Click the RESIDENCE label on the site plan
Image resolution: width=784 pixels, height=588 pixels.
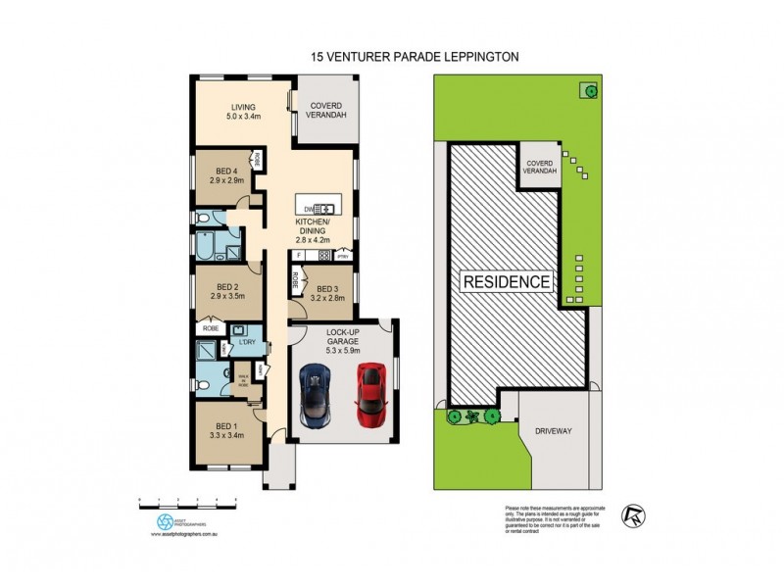coord(507,282)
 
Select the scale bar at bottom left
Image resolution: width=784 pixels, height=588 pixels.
coord(190,502)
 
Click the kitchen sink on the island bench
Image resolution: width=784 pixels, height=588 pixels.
coord(324,208)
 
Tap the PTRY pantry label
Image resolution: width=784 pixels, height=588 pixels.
coord(342,257)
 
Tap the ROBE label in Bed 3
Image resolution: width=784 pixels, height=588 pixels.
coord(295,280)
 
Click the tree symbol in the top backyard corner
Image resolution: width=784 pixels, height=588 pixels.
coord(591,91)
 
